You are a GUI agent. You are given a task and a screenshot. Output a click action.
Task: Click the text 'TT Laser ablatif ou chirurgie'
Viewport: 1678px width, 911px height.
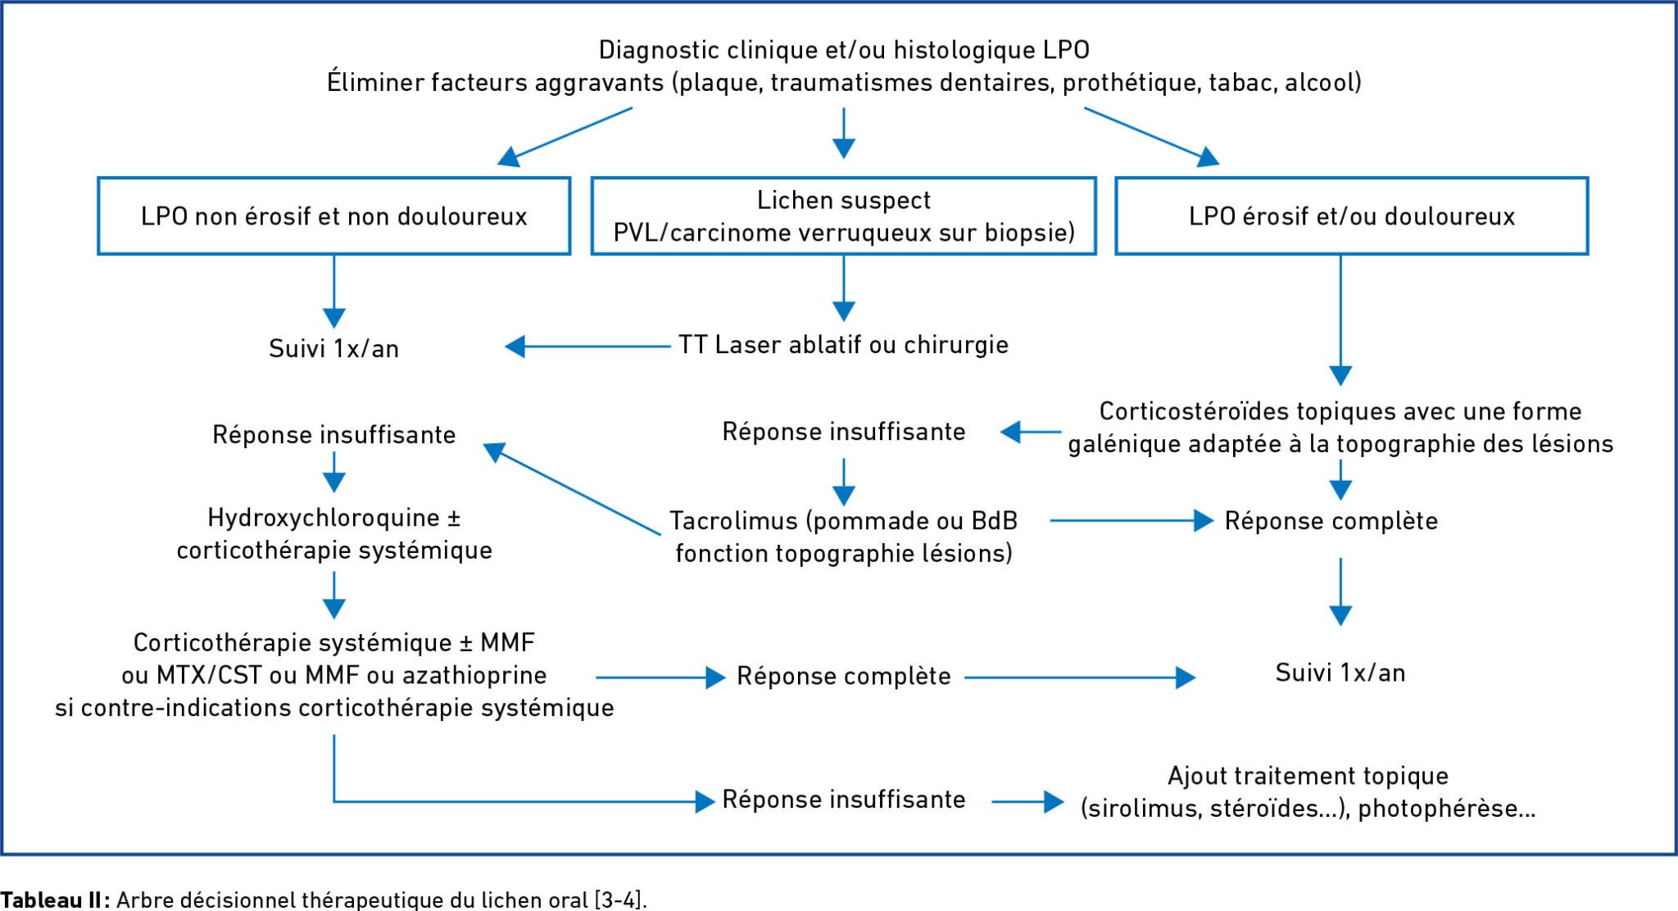(843, 345)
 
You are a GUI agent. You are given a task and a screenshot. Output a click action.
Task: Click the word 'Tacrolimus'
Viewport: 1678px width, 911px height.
(733, 521)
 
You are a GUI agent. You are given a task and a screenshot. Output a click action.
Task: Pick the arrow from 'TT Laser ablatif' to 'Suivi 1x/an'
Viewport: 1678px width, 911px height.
(587, 347)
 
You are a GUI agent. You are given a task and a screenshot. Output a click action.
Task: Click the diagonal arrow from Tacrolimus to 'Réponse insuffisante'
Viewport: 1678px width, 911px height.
(572, 489)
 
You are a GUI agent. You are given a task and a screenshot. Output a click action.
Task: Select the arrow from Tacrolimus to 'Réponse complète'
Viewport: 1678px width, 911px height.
(1132, 520)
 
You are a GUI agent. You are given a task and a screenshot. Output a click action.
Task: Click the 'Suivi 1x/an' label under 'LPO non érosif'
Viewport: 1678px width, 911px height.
(333, 349)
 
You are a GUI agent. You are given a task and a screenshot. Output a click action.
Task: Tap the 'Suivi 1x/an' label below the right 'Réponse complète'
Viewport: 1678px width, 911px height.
(1340, 673)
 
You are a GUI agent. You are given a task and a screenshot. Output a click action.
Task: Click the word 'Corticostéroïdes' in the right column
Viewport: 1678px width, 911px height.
(1193, 411)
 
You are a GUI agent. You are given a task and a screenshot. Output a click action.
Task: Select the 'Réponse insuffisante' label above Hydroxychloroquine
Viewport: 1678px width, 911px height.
(333, 435)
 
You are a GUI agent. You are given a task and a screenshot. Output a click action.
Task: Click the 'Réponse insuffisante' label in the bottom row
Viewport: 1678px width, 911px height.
(843, 800)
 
